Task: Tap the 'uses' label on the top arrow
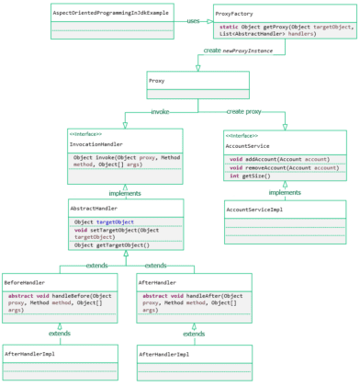click(x=193, y=20)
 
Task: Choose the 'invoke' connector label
click(x=160, y=111)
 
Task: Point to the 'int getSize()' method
click(x=249, y=176)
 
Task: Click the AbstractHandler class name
click(x=94, y=209)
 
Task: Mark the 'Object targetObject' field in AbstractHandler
click(x=105, y=221)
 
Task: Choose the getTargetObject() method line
click(x=111, y=245)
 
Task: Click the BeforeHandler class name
click(x=25, y=282)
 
